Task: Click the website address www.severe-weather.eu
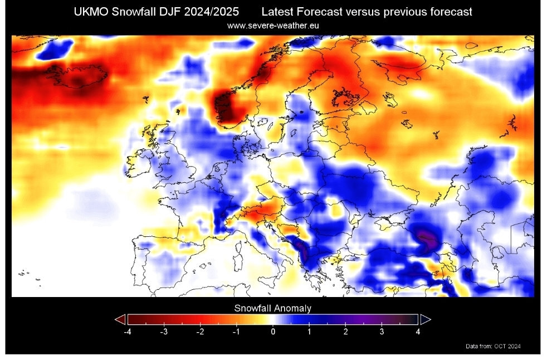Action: (x=273, y=26)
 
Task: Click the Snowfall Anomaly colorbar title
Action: (x=273, y=308)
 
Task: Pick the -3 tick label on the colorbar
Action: (x=163, y=332)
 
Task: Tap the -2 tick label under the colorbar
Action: (x=200, y=332)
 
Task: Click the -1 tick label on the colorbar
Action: (x=236, y=332)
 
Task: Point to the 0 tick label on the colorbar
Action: (x=273, y=332)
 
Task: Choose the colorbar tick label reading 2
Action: (x=346, y=332)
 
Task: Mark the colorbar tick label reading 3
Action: (x=382, y=332)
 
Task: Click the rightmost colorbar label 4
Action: (x=418, y=332)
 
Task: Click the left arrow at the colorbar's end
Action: (x=120, y=319)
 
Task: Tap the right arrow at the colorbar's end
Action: (x=426, y=319)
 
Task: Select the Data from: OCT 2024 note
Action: (x=493, y=347)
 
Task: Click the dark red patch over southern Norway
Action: (x=229, y=107)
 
